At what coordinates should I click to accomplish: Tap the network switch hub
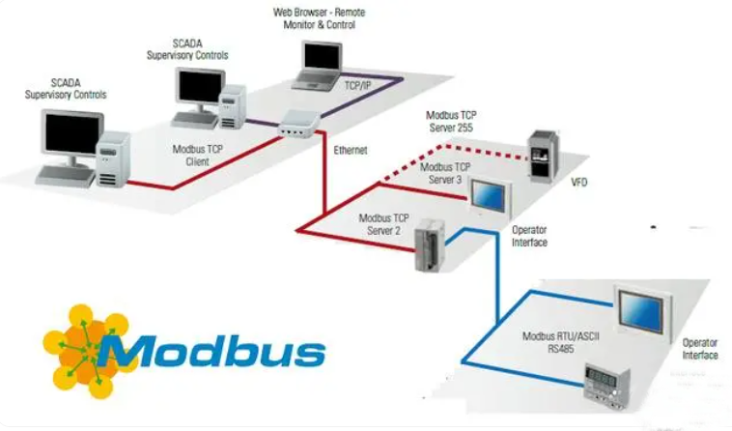pos(298,124)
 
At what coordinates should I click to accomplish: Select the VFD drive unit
pos(543,157)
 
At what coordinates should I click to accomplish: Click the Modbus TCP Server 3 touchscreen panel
pos(491,197)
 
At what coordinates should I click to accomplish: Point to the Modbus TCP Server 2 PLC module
pos(430,245)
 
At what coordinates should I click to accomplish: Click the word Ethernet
pos(351,151)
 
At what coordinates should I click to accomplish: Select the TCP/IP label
pos(357,86)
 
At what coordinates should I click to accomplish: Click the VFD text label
pos(578,182)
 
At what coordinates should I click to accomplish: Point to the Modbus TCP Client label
pos(197,156)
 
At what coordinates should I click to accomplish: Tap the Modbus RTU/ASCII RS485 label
pos(561,342)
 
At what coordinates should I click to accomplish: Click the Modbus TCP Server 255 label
pos(451,122)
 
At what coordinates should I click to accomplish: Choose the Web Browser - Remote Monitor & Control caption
pos(320,18)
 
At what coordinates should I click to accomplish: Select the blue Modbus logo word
pos(211,350)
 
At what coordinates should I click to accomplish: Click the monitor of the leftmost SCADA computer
pos(72,134)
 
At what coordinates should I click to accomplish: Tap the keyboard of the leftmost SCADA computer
pos(66,176)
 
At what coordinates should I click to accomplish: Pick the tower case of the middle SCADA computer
pos(233,106)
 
